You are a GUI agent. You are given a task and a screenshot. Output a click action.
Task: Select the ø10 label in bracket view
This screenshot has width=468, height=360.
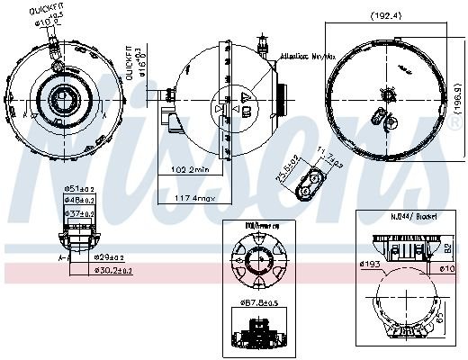447,268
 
